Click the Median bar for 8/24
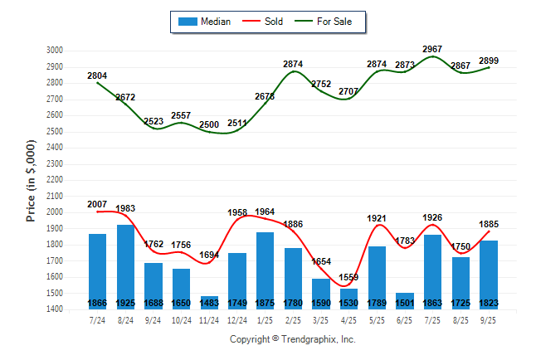coord(125,266)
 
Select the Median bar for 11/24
coord(209,303)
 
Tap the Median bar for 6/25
coord(405,301)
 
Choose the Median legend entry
coord(205,22)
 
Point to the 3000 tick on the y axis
coord(54,51)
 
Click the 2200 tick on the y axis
coord(54,180)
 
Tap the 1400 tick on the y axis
coord(54,309)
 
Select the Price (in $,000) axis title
coord(31,180)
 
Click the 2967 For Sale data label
coord(432,50)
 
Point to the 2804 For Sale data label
coord(97,76)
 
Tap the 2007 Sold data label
coord(97,204)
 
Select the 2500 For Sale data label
coord(209,125)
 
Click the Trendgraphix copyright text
coord(292,340)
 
